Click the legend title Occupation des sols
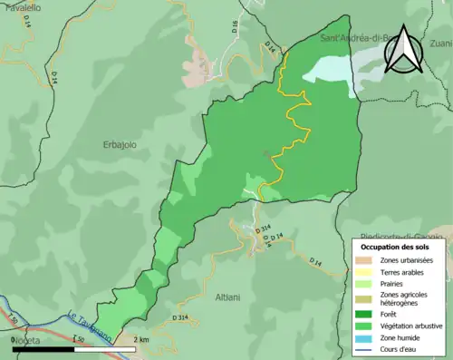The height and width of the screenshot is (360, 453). (x=396, y=247)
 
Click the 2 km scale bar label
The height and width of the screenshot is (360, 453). (x=140, y=340)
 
